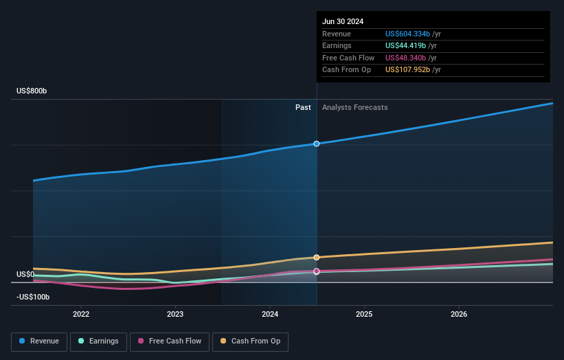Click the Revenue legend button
[x=39, y=341]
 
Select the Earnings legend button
[x=98, y=341]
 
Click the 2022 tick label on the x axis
[x=81, y=314]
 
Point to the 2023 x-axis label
[x=175, y=314]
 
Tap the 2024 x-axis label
[x=270, y=314]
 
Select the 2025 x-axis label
[x=364, y=314]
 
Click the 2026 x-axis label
[x=459, y=314]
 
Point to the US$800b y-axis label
[x=32, y=91]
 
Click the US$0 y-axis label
[x=25, y=274]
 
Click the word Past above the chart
[x=303, y=107]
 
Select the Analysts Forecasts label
[x=354, y=107]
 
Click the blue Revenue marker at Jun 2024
[x=317, y=144]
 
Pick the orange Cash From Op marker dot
[x=317, y=258]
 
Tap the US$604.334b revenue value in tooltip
[x=407, y=34]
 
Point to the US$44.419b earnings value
[x=405, y=46]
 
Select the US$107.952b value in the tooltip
[x=407, y=70]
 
